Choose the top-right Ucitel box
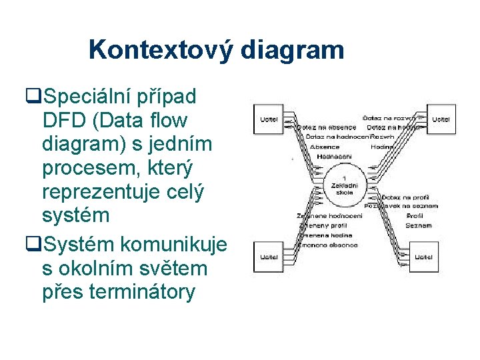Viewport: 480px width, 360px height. pos(440,120)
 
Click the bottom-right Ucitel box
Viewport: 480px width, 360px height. pos(424,256)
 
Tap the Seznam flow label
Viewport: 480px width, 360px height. pos(418,226)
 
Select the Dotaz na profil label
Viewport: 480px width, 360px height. pos(406,197)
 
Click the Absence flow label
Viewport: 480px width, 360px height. pos(324,147)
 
